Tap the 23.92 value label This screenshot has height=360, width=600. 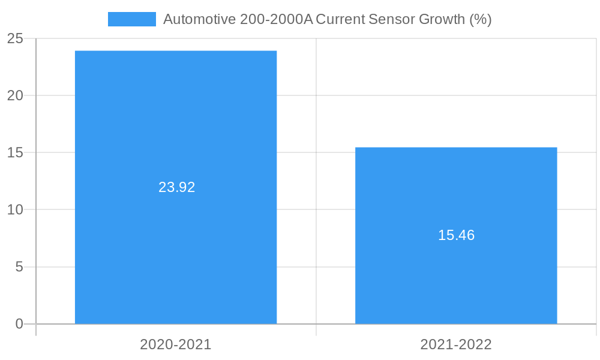(x=177, y=187)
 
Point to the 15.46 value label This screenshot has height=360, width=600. (x=456, y=235)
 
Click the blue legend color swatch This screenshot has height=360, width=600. (x=131, y=19)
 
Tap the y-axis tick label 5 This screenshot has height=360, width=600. (x=19, y=267)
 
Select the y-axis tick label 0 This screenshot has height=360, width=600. (x=19, y=325)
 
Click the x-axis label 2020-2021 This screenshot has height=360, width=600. (x=176, y=344)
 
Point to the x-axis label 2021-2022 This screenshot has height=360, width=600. (x=456, y=344)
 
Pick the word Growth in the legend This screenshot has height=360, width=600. (x=442, y=19)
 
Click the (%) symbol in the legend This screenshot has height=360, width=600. (x=481, y=19)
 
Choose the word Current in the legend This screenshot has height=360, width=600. (x=341, y=19)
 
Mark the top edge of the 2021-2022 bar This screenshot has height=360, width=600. (x=456, y=148)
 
